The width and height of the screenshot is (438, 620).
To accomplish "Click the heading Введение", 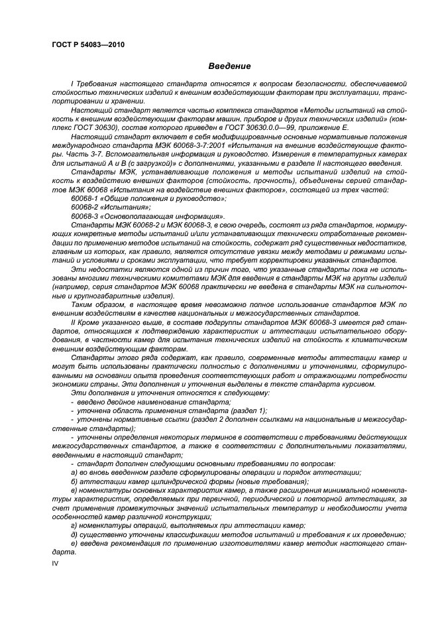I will click(229, 66).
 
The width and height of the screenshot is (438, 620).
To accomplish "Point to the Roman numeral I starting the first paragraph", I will click(72, 86).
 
